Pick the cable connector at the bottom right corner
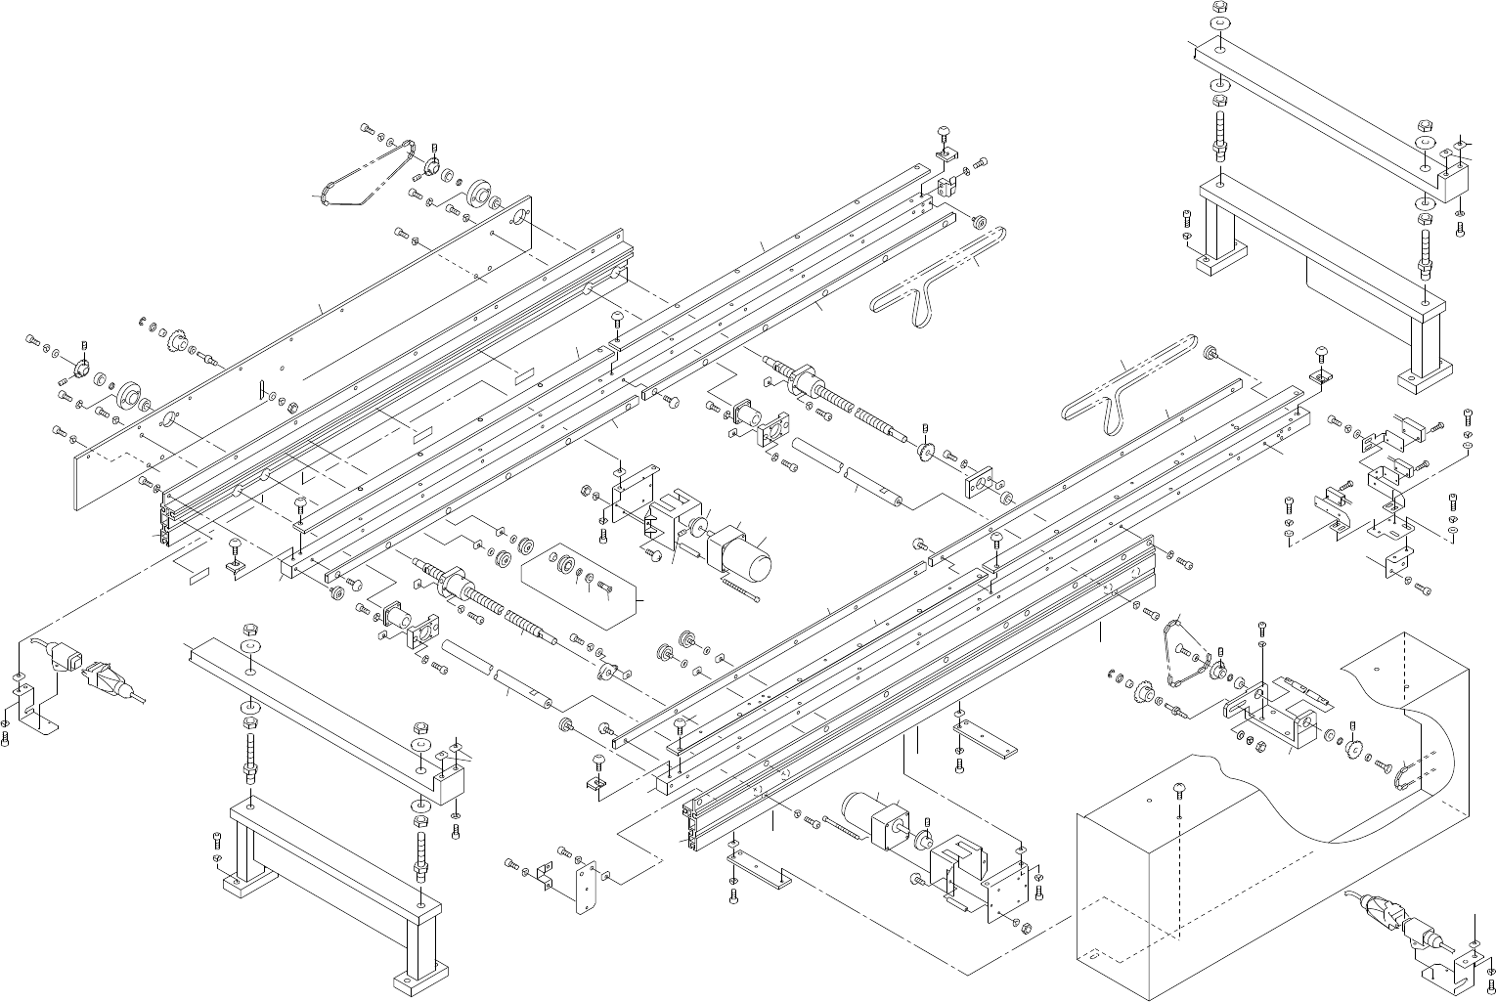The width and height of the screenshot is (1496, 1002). pos(1397,920)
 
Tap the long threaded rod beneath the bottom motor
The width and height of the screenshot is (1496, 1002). pos(841,826)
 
